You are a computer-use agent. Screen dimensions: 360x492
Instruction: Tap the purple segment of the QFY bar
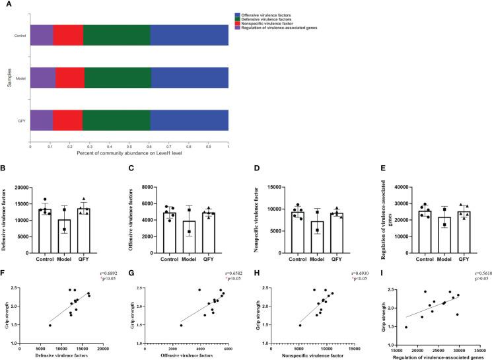41,121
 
